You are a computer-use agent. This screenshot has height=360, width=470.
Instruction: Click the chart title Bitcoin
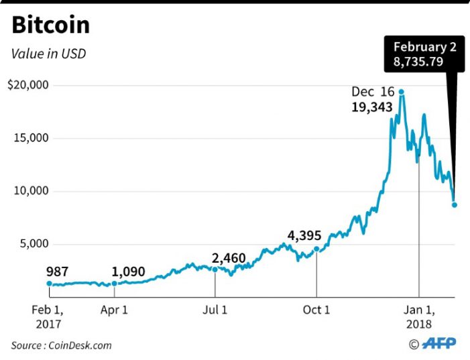click(51, 25)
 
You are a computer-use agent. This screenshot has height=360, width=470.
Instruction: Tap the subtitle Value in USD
click(48, 53)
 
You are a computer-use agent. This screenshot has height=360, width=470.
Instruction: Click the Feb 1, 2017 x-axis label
click(48, 316)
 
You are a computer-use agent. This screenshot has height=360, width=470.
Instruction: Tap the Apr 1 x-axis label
click(115, 310)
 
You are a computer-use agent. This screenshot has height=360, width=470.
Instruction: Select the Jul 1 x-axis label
click(215, 310)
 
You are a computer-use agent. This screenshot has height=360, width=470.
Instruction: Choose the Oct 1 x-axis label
click(316, 310)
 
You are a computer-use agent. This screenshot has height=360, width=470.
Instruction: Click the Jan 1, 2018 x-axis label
click(419, 316)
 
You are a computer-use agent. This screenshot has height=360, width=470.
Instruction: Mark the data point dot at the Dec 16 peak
click(401, 92)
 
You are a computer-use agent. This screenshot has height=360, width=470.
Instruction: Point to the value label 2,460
click(229, 258)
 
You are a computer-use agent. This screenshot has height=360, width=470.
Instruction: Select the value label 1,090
click(129, 273)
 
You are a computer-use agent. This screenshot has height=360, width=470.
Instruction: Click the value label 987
click(58, 272)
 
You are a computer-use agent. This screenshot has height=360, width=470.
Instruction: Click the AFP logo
click(439, 343)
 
